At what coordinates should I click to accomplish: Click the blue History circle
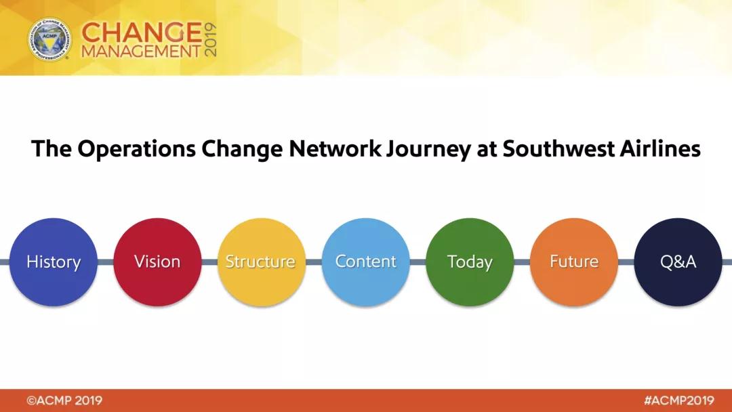click(54, 262)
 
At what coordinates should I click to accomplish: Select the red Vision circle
click(157, 262)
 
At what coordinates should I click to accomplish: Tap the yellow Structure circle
click(262, 262)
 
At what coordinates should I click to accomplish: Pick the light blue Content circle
click(365, 262)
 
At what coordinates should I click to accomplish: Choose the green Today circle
click(470, 262)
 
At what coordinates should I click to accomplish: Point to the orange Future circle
click(574, 262)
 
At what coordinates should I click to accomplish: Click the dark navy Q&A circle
click(678, 262)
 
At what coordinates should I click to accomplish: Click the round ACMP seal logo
click(49, 39)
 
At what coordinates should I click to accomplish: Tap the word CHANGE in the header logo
click(142, 33)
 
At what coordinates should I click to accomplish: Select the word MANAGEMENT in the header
click(142, 52)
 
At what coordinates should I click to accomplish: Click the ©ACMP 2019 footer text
click(64, 400)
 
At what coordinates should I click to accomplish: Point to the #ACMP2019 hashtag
click(678, 400)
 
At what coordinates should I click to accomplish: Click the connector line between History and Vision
click(106, 262)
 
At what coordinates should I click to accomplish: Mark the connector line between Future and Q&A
click(626, 262)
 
